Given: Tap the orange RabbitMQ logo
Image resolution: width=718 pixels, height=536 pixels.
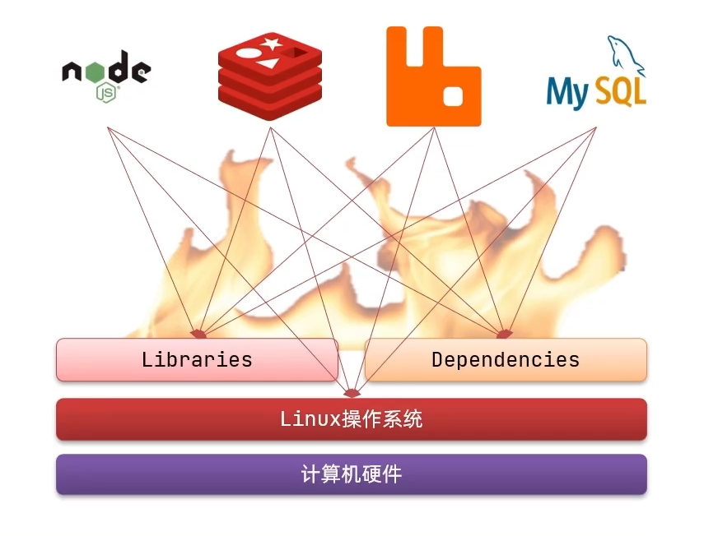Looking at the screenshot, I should [433, 76].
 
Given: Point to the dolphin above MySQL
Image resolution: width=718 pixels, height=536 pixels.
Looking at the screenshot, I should [627, 53].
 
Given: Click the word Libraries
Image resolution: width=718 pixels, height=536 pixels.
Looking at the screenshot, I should [197, 359].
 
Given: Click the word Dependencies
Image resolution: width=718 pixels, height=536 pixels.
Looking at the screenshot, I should [506, 359].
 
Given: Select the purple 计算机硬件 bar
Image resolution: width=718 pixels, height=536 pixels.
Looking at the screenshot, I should [352, 474].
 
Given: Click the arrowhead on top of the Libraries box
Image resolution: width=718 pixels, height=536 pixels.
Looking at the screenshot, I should [198, 334].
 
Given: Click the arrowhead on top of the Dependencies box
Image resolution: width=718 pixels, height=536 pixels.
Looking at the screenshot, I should [505, 333].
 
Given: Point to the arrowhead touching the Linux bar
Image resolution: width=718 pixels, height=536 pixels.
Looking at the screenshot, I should [352, 393].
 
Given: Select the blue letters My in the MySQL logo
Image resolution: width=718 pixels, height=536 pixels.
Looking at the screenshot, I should [569, 92].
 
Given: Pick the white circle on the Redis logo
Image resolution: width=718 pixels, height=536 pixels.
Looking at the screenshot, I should [246, 54].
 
